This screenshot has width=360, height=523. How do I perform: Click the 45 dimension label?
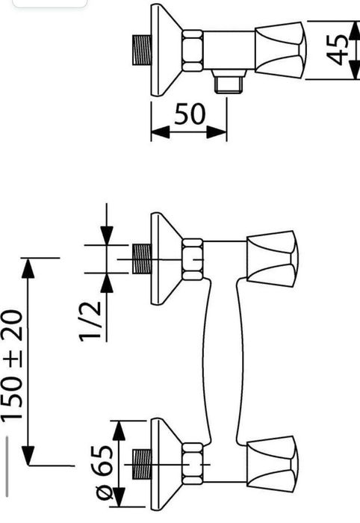[x=337, y=49]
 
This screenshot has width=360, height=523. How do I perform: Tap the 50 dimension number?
[x=189, y=114]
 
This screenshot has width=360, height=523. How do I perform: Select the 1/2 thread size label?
[x=90, y=321]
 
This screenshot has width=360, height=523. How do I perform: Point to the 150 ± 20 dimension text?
[x=13, y=365]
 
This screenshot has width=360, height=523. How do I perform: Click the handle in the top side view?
[x=281, y=50]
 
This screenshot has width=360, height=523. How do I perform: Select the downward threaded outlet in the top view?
[x=229, y=81]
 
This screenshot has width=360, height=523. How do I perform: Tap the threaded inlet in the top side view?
[x=142, y=50]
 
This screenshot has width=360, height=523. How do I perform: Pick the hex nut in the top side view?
[x=193, y=51]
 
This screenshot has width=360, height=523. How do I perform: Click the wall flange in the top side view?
[x=166, y=50]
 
